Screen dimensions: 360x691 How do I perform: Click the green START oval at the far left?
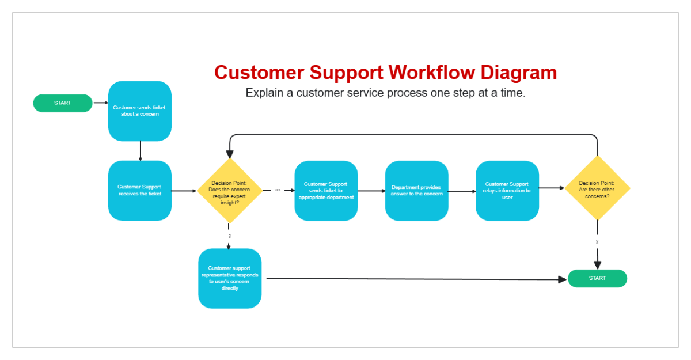click(x=63, y=103)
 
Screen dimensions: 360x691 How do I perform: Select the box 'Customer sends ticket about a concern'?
click(x=140, y=111)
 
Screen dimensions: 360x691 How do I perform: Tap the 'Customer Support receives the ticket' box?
click(x=140, y=191)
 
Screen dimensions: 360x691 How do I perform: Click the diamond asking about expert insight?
click(x=230, y=191)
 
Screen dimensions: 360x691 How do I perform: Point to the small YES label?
click(x=278, y=190)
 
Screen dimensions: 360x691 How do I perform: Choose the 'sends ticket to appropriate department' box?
click(x=326, y=191)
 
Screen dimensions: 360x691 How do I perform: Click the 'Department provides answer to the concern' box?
click(x=416, y=191)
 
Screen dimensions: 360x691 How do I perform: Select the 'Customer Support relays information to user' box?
click(x=507, y=191)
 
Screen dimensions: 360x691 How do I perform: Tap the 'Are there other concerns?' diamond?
click(x=597, y=188)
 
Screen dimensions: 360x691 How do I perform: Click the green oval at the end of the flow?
click(x=597, y=278)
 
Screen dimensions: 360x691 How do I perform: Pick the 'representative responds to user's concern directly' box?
click(x=230, y=278)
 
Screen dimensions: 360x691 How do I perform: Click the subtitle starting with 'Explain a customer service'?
click(x=385, y=93)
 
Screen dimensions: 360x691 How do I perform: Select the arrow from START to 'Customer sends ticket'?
click(x=100, y=103)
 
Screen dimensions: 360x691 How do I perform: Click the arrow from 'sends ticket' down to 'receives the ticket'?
click(x=140, y=151)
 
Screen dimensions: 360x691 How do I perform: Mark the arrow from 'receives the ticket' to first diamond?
click(x=184, y=191)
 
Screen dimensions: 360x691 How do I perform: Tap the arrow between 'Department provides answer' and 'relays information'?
click(x=462, y=191)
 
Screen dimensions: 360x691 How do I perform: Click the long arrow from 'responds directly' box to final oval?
click(x=415, y=279)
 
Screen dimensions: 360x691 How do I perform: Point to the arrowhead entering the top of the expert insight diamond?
click(x=230, y=154)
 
